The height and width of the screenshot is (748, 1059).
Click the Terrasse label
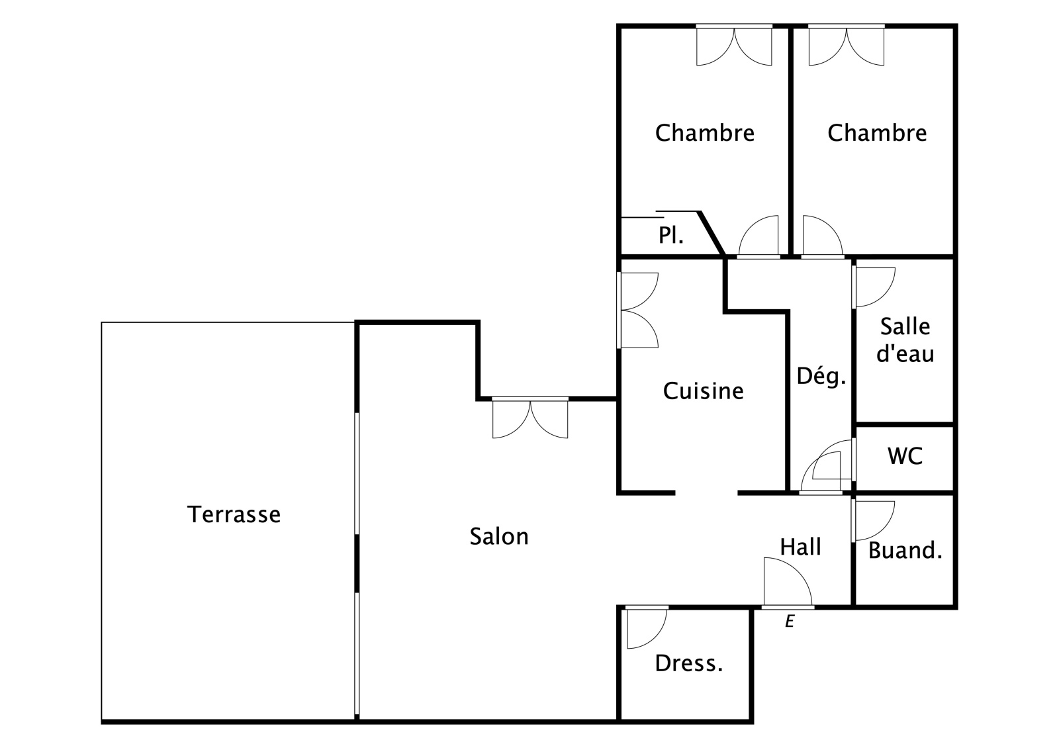tap(234, 514)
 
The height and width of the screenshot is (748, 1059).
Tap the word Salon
tap(499, 536)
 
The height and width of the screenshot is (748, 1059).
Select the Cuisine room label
tap(703, 391)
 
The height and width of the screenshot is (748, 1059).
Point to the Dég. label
tap(821, 376)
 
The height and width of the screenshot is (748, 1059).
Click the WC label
tap(905, 456)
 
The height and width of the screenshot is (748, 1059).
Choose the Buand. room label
tap(905, 550)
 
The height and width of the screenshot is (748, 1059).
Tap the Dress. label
tap(688, 663)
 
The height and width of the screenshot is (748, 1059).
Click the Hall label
tap(800, 547)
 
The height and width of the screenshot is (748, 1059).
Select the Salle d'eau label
tap(905, 340)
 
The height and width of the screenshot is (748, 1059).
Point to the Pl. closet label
tap(670, 235)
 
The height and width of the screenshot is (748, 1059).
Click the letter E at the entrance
tap(789, 622)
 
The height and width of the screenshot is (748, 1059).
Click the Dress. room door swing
tap(645, 627)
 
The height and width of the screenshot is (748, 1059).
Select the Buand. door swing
tap(872, 520)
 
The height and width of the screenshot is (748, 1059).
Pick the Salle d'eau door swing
tap(873, 286)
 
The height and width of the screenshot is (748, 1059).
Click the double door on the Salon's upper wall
tap(530, 418)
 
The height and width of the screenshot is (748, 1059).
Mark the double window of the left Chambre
tap(734, 46)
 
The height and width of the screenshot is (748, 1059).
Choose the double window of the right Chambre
tap(847, 46)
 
